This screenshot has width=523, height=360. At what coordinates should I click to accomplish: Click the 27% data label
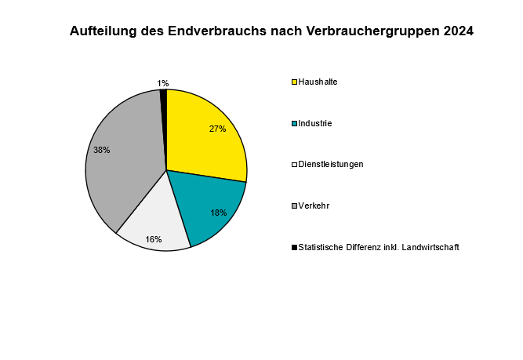pos(218,129)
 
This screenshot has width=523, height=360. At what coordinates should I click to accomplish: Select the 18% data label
pos(219,213)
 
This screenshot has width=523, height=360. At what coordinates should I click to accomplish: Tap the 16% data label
pos(154,239)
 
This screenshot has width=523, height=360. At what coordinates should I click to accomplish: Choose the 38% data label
pos(102,150)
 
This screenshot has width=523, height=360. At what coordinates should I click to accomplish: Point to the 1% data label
pos(163,83)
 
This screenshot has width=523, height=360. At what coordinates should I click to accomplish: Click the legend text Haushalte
pos(318,82)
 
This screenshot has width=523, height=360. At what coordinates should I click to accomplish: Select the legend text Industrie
pos(315,123)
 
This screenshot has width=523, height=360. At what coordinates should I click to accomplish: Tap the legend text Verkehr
pos(314,205)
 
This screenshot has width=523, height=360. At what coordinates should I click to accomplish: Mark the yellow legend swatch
pos(294,82)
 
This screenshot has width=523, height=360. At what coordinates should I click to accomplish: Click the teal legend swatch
pos(294,123)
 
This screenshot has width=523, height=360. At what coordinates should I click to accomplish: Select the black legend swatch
pos(294,247)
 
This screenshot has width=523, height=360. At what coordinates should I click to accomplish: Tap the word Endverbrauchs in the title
pos(216,31)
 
